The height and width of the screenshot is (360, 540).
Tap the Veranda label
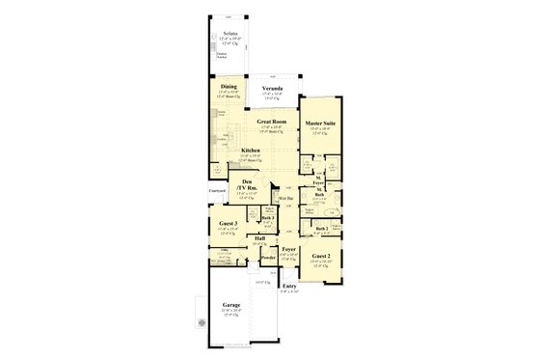tap(273, 88)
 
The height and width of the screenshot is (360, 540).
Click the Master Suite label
tap(320, 121)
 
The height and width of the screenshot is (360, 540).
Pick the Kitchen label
tap(251, 151)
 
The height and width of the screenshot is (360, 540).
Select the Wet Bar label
tap(286, 198)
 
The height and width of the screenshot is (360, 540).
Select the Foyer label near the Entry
tap(287, 248)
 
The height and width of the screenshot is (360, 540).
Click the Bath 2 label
tap(322, 228)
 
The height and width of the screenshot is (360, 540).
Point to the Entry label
tap(289, 286)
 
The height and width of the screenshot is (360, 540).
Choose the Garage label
tap(232, 305)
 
